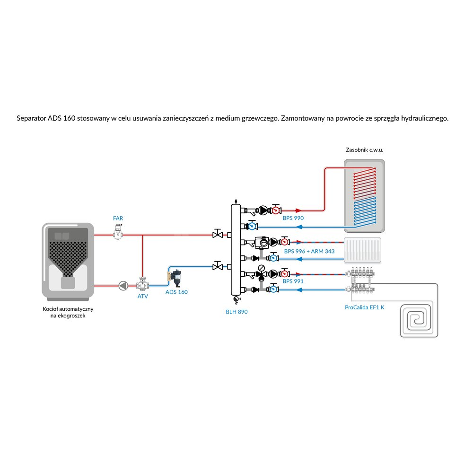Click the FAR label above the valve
click(x=118, y=218)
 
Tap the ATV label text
click(x=143, y=297)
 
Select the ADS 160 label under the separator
click(x=176, y=292)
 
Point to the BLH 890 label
click(x=236, y=312)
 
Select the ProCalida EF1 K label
click(x=365, y=307)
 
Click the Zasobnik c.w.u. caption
click(x=364, y=150)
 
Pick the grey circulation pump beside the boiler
click(x=123, y=286)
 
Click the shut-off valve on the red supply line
click(x=218, y=235)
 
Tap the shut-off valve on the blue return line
click(x=218, y=266)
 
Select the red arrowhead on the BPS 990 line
click(x=298, y=210)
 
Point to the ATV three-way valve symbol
click(x=142, y=285)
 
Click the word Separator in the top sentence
click(x=31, y=119)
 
